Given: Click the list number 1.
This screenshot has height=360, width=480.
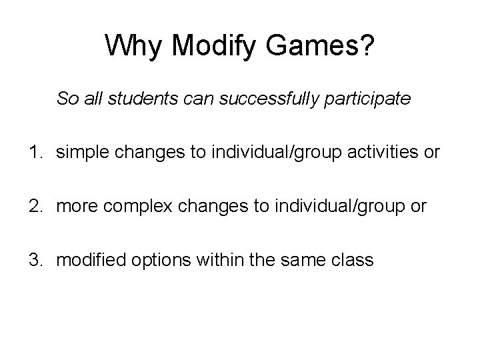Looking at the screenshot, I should tap(33, 153).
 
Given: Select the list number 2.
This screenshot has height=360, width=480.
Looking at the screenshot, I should tap(33, 207).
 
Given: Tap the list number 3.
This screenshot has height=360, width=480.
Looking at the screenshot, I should tap(33, 260).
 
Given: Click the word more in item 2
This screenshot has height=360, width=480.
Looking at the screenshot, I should tap(74, 207).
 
